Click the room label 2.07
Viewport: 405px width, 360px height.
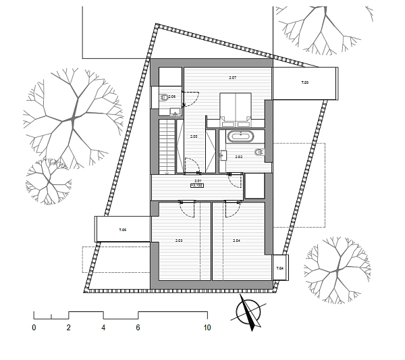[232, 78]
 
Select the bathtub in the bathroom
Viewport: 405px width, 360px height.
[240, 136]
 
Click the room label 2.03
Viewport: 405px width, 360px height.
[179, 240]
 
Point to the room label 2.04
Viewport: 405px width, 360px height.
[237, 240]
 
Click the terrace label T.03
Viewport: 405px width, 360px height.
[304, 82]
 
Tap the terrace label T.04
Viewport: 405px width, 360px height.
[281, 269]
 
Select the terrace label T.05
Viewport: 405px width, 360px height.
[123, 230]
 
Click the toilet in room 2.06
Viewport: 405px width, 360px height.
[163, 98]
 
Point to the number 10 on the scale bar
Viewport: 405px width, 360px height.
[207, 328]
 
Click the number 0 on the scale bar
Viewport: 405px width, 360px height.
[34, 328]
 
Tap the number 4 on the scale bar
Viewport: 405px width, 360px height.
[103, 328]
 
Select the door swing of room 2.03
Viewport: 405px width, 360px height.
[188, 209]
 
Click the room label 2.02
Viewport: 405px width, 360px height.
[238, 157]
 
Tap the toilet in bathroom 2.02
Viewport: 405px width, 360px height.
[259, 153]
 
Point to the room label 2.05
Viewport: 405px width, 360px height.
[194, 137]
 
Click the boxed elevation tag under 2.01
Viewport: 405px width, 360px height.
[198, 184]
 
